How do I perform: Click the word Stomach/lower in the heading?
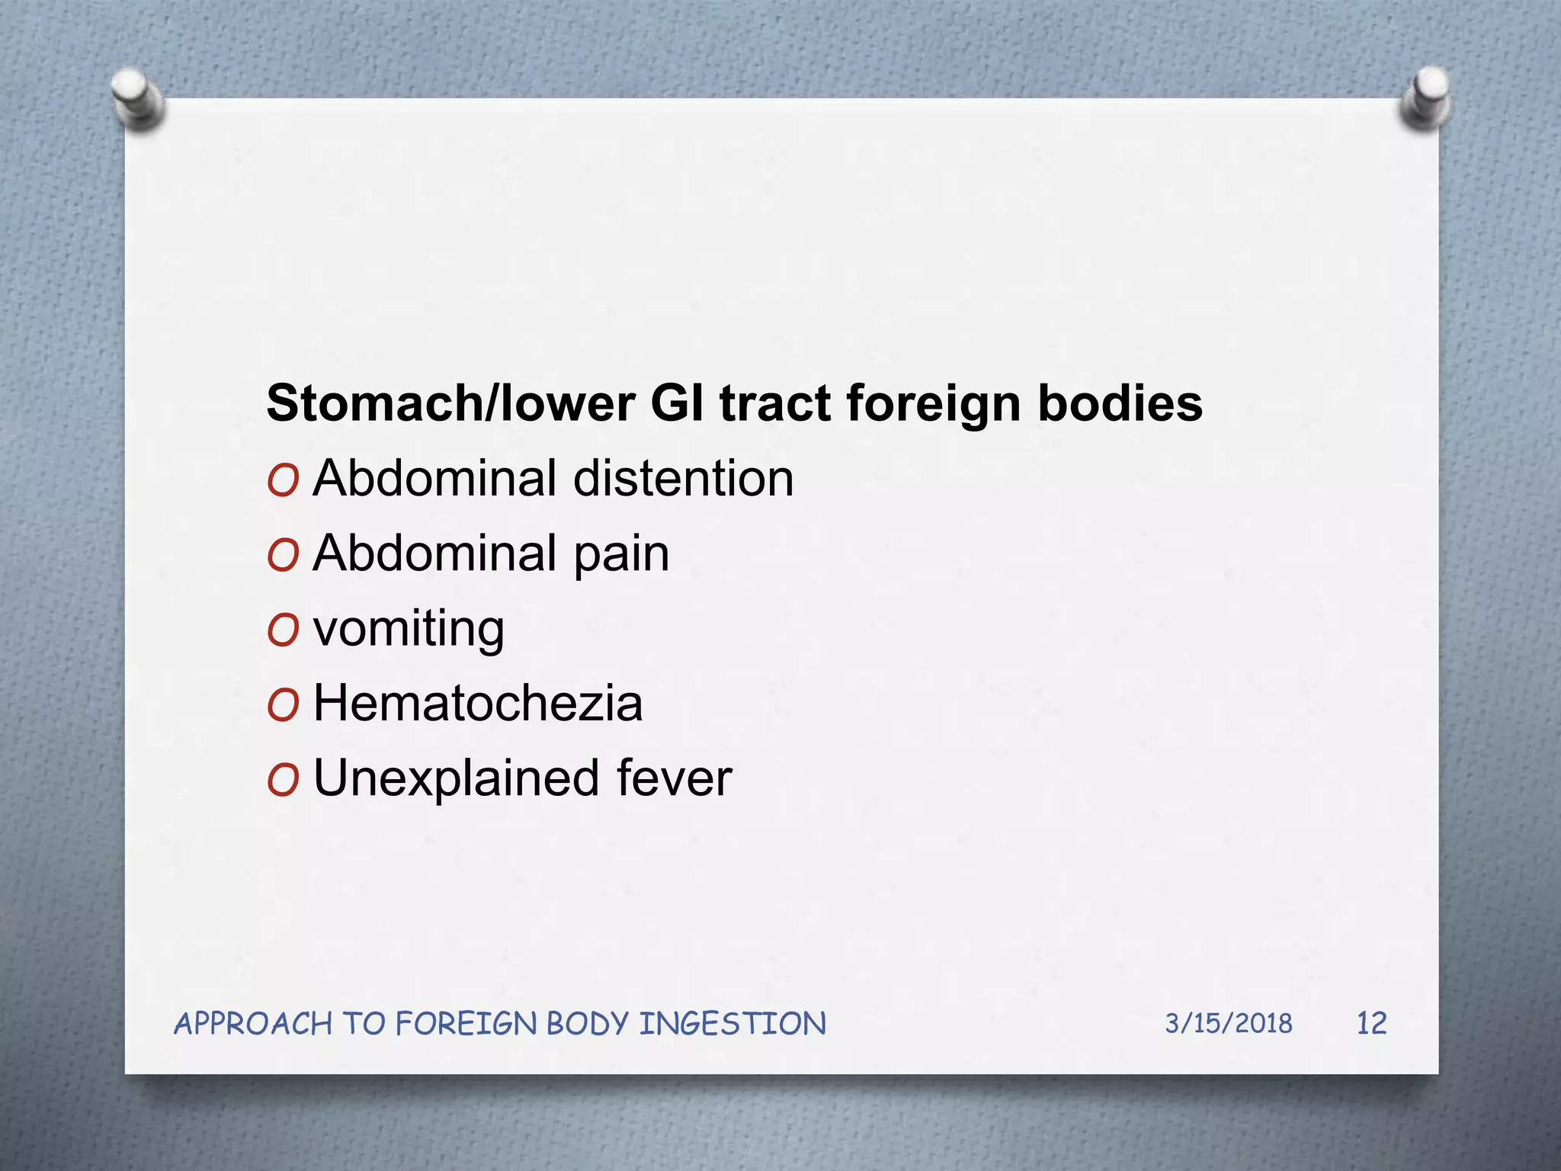click(450, 403)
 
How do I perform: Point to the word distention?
click(683, 479)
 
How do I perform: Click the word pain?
click(621, 554)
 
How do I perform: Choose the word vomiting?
click(409, 630)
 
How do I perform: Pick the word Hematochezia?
click(478, 703)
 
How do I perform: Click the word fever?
click(674, 779)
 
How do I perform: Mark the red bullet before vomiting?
click(283, 631)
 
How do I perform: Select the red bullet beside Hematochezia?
click(283, 706)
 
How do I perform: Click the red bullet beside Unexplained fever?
click(283, 781)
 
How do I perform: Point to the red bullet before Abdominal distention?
click(283, 481)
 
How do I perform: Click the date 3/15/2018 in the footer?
click(1228, 1023)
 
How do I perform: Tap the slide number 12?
click(1371, 1023)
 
